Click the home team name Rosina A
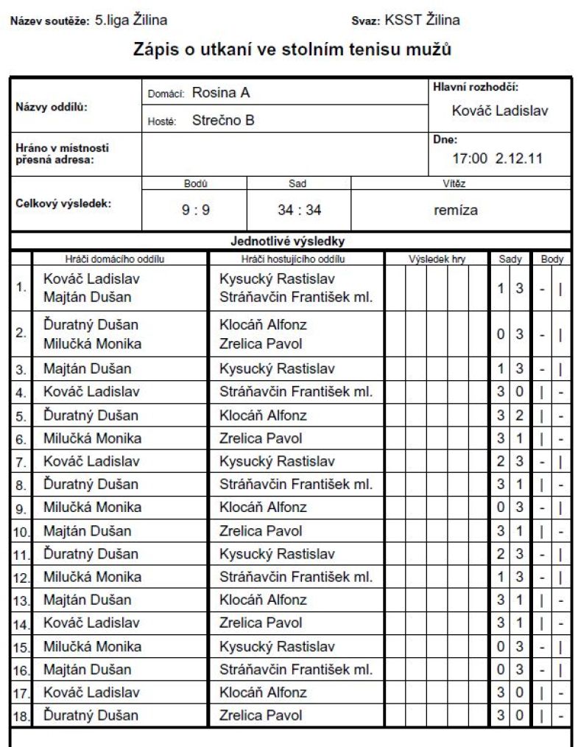coord(221,93)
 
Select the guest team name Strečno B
coord(223,120)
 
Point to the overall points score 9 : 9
coord(196,210)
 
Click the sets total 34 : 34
coord(299,210)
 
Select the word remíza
coord(456,210)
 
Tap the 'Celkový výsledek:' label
coord(63,204)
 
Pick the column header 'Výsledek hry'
coord(437,259)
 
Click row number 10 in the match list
coord(21,532)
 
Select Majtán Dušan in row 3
coord(88,368)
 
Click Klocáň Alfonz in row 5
coord(263,415)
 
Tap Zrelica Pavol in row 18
coord(261,715)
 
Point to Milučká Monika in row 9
coord(92,507)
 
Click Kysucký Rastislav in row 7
coord(277,461)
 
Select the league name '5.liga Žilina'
coord(131,20)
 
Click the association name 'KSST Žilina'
coord(422,20)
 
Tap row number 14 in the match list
coord(21,625)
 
